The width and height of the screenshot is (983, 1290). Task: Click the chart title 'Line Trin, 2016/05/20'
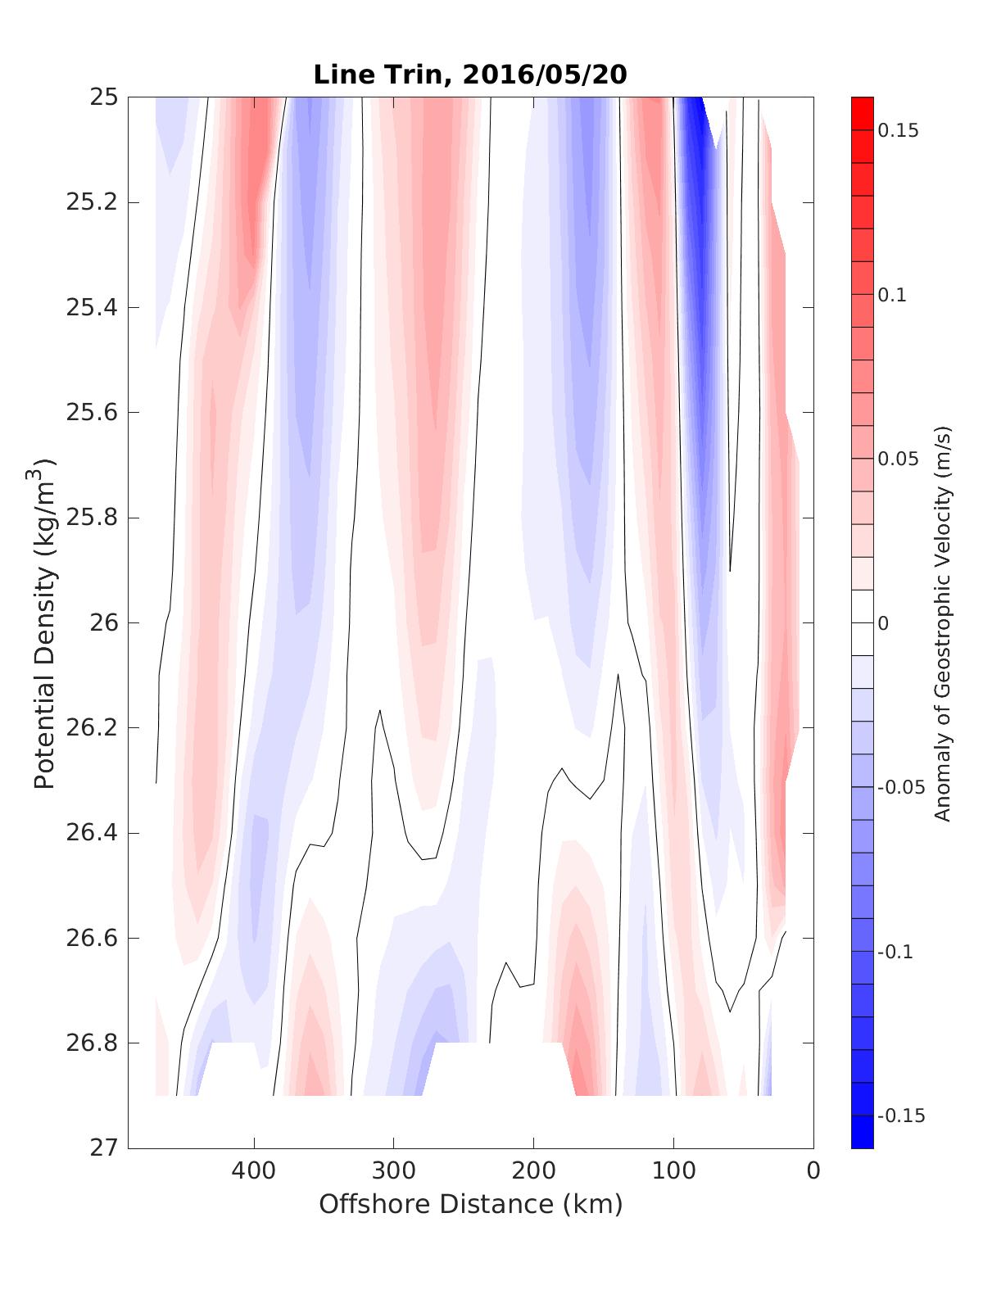(x=470, y=75)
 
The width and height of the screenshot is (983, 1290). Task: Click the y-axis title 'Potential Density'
(x=45, y=624)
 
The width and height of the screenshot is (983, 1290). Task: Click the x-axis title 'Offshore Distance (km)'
(x=470, y=1204)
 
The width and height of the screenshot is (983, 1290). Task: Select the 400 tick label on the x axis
(x=254, y=1171)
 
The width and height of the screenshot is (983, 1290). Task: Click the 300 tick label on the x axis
(x=394, y=1171)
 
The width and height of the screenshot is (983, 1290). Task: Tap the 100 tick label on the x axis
(x=673, y=1171)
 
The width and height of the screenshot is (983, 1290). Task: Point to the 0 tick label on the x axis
(x=813, y=1171)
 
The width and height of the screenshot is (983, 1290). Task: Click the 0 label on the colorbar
(x=883, y=624)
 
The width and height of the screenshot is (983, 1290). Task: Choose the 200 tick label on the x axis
(x=534, y=1171)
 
